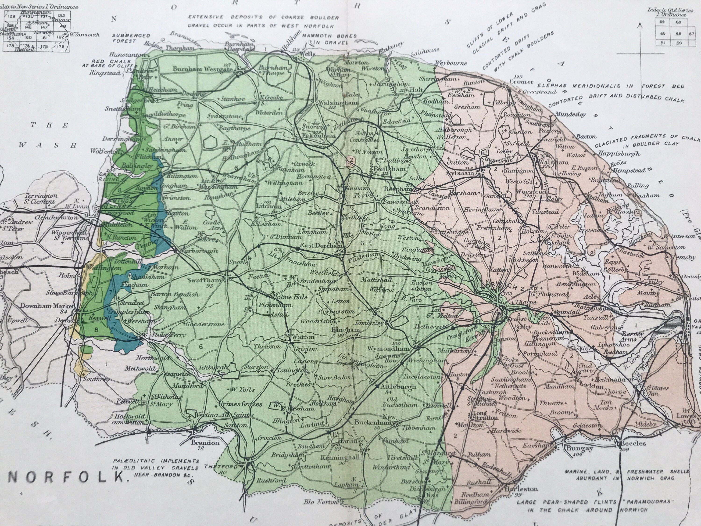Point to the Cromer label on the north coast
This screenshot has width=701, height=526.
[x=521, y=82]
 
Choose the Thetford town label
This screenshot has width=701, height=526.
[x=221, y=466]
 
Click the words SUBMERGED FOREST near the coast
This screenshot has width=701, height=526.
[x=131, y=38]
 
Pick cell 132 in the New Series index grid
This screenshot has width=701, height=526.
[x=61, y=15]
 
